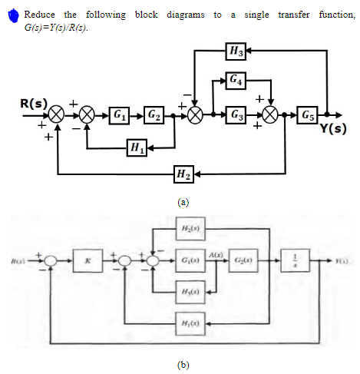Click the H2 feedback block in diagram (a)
[x=184, y=175]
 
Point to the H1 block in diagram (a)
[x=139, y=146]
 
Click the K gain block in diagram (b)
[x=90, y=262]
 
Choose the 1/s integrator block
[x=293, y=262]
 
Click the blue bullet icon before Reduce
[x=13, y=16]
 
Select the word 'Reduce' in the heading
[x=39, y=15]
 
